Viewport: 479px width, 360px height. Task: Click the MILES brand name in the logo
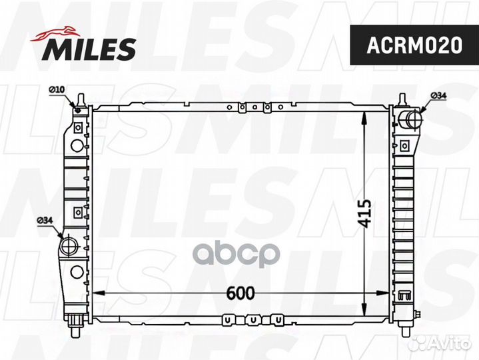click(91, 48)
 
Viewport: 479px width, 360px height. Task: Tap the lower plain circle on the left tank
click(77, 271)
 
